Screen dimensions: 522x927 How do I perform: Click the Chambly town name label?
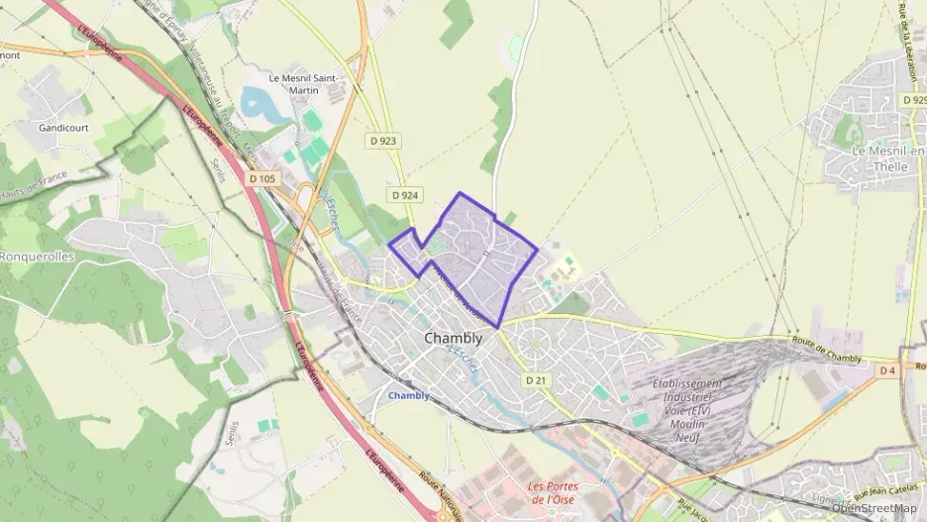(x=453, y=338)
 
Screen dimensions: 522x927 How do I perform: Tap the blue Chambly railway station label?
(x=409, y=395)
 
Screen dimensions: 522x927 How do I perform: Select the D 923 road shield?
(x=387, y=142)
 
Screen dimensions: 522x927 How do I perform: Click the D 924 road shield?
(x=402, y=195)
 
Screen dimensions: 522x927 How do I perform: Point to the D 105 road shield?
(x=263, y=179)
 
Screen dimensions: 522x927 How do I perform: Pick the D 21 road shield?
(x=536, y=379)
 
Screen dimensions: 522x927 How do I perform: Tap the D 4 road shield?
(x=887, y=369)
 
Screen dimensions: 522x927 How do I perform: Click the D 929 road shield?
(x=914, y=100)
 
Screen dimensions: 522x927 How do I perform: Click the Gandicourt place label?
(x=63, y=128)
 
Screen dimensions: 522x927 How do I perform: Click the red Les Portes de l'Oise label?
(x=565, y=491)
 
